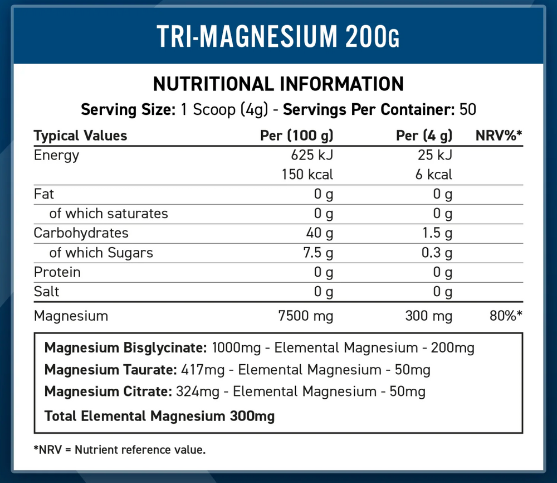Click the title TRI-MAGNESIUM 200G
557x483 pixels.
pyautogui.click(x=278, y=36)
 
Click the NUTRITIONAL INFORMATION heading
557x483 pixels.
pyautogui.click(x=278, y=84)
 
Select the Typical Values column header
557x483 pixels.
pyautogui.click(x=80, y=136)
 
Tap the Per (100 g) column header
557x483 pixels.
pyautogui.click(x=296, y=136)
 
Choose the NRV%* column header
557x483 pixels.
pyautogui.click(x=499, y=136)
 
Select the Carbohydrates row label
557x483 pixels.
pyautogui.click(x=81, y=233)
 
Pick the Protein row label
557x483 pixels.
pyautogui.click(x=57, y=272)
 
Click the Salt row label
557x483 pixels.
pyautogui.click(x=46, y=292)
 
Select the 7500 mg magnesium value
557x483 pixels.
pyautogui.click(x=305, y=316)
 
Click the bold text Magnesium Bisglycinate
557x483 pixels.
pyautogui.click(x=126, y=348)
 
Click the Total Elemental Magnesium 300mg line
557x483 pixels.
pyautogui.click(x=159, y=416)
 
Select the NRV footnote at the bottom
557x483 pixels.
pyautogui.click(x=120, y=450)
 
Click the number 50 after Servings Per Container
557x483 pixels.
pyautogui.click(x=468, y=109)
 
